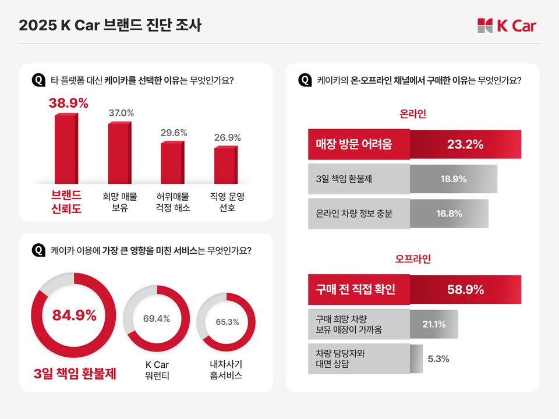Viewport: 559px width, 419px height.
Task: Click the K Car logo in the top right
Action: pyautogui.click(x=506, y=26)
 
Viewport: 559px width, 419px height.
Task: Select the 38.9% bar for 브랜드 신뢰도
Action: pyautogui.click(x=65, y=148)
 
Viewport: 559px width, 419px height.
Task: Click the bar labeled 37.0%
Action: pyautogui.click(x=118, y=152)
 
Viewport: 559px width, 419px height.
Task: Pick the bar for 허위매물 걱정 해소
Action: pyautogui.click(x=172, y=162)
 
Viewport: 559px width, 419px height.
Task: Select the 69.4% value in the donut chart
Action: pyautogui.click(x=156, y=318)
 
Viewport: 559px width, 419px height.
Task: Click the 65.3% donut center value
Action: pyautogui.click(x=227, y=322)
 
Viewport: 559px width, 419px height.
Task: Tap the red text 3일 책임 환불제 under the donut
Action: pyautogui.click(x=75, y=373)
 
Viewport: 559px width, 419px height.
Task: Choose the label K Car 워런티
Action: pyautogui.click(x=156, y=370)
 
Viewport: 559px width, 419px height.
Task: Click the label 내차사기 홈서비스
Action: pyautogui.click(x=227, y=370)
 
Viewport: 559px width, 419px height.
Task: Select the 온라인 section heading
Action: pyautogui.click(x=413, y=113)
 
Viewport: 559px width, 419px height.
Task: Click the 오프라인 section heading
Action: pyautogui.click(x=413, y=258)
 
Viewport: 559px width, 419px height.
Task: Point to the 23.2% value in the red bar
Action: pyautogui.click(x=465, y=144)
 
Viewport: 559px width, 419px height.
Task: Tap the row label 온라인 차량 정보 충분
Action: pyautogui.click(x=350, y=214)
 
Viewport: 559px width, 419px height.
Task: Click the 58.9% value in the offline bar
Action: pyautogui.click(x=465, y=290)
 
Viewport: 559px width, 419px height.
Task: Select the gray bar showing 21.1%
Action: pyautogui.click(x=434, y=324)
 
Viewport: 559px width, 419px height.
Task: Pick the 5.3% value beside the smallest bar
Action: pyautogui.click(x=438, y=358)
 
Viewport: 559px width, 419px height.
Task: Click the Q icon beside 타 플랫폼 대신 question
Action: pyautogui.click(x=38, y=80)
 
